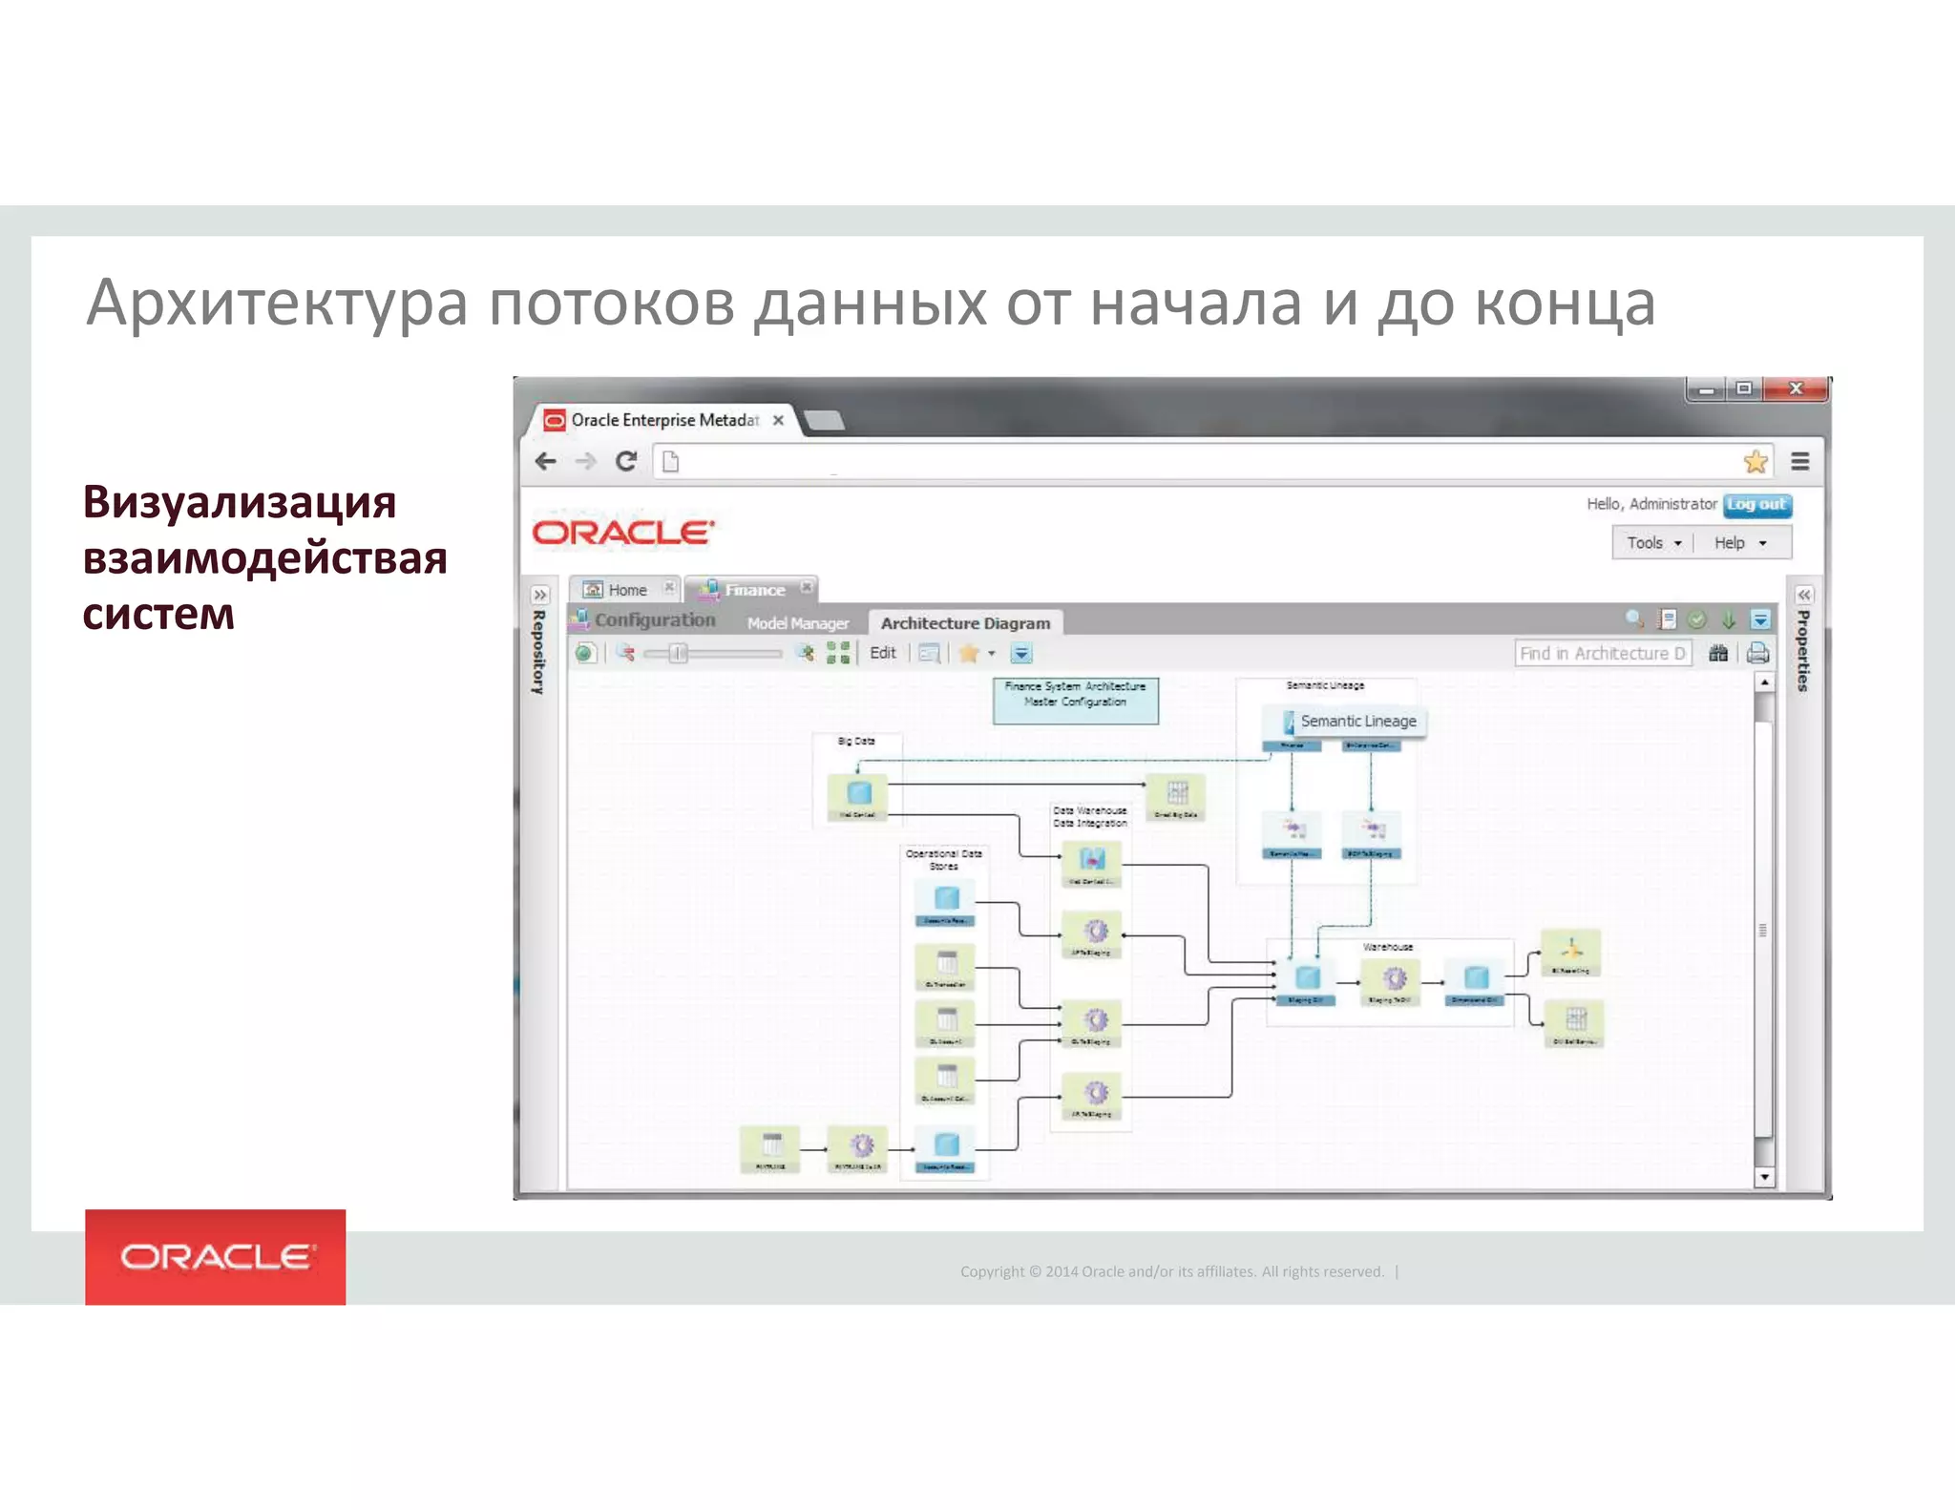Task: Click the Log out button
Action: (1756, 505)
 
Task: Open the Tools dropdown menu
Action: (1653, 543)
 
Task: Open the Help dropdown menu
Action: (1739, 543)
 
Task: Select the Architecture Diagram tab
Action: (965, 623)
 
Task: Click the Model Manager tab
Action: (797, 623)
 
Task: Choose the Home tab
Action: (626, 590)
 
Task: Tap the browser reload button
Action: (626, 462)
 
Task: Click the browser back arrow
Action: (546, 462)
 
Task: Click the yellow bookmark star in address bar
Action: (1755, 462)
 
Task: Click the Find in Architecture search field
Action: (1601, 654)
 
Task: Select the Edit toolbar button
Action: (882, 653)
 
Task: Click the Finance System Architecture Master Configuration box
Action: (1075, 701)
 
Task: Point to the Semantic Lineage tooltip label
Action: (1356, 722)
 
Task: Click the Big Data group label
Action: (856, 741)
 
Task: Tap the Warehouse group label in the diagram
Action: (1387, 947)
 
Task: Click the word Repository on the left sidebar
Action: (539, 652)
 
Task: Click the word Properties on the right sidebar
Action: (1802, 650)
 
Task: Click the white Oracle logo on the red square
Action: (216, 1257)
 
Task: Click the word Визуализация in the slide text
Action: (239, 502)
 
